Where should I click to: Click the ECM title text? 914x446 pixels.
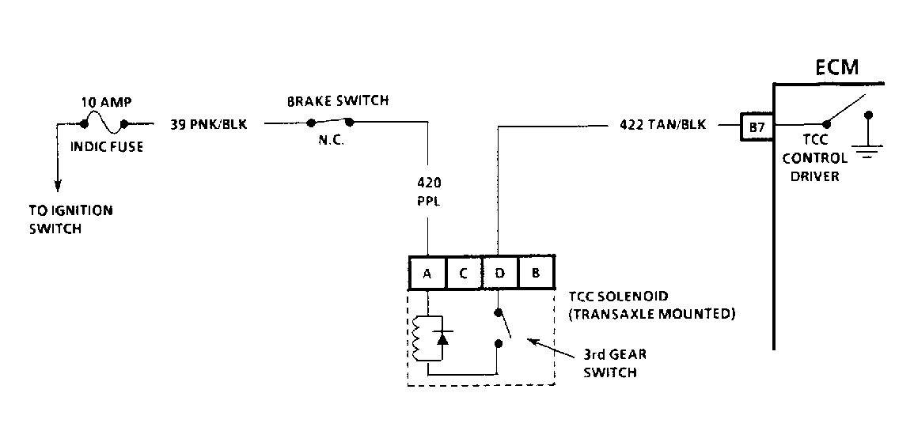[836, 67]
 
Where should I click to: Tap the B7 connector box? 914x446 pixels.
[757, 127]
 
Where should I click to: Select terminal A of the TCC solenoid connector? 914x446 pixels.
[427, 273]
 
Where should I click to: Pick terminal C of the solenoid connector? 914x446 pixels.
[464, 273]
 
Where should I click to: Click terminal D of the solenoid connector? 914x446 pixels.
[499, 273]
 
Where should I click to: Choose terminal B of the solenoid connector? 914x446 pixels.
[536, 273]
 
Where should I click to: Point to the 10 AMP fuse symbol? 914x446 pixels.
[104, 123]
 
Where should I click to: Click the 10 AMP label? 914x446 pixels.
[106, 103]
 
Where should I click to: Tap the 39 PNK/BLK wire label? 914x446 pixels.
[209, 125]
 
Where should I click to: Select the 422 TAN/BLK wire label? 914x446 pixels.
[663, 125]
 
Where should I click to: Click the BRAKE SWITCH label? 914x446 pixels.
[337, 100]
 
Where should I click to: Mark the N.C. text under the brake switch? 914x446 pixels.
[331, 140]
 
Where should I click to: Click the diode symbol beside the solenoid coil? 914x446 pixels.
[442, 337]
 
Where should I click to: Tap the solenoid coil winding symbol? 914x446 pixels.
[415, 338]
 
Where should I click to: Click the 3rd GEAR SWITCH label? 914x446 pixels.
[615, 363]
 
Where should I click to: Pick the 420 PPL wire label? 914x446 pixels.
[429, 192]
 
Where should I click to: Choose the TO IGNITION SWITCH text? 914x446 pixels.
[71, 220]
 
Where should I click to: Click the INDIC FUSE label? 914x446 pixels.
[107, 147]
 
